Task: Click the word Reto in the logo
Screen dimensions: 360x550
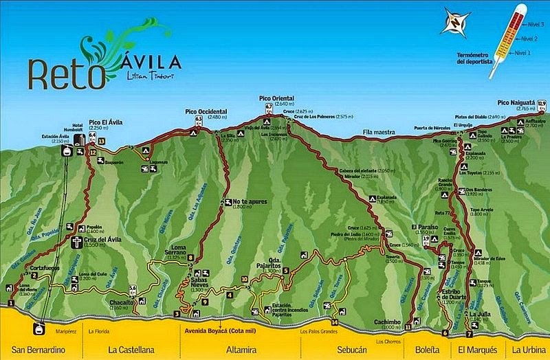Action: point(67,73)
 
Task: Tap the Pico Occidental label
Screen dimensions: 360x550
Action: point(206,111)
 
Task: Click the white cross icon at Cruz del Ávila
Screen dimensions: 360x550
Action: point(76,242)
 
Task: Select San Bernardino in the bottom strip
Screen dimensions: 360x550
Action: point(32,350)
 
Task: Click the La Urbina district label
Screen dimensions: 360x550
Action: point(527,350)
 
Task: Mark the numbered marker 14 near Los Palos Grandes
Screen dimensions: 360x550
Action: point(335,322)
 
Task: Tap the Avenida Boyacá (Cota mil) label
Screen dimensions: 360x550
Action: point(216,330)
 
